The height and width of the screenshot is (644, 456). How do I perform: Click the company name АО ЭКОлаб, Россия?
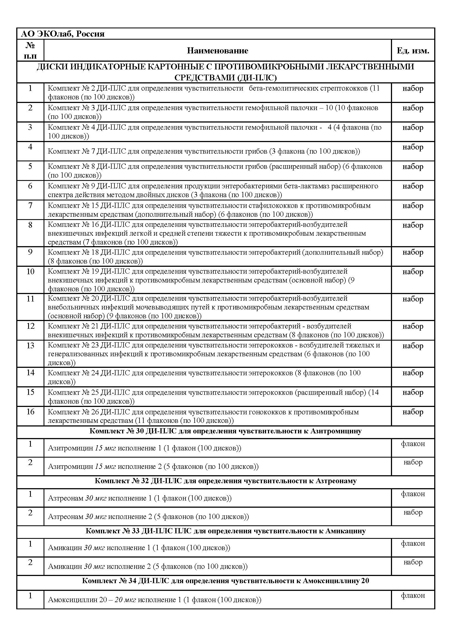[63, 34]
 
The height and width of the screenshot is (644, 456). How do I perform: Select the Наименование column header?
[218, 50]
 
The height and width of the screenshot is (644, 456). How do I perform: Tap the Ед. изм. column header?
[413, 50]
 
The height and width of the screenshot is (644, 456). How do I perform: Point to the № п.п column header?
[30, 50]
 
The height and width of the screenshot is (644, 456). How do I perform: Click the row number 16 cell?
[30, 411]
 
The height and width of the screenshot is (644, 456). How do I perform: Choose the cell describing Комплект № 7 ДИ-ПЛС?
[204, 151]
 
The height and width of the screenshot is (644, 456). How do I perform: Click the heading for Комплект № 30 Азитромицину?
[226, 431]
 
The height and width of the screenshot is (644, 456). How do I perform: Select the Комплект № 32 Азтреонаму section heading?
[226, 481]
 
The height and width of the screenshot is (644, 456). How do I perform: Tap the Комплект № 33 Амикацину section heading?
[226, 531]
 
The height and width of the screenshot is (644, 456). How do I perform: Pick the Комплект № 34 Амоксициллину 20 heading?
[226, 581]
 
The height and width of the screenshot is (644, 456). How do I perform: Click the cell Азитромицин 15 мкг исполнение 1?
[145, 448]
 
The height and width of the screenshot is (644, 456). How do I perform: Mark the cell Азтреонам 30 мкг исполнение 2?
[149, 516]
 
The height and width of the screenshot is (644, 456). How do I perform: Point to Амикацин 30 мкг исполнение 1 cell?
[139, 548]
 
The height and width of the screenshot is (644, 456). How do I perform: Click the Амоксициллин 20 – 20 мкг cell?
[154, 600]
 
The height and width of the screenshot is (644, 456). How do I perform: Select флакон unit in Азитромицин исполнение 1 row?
[413, 444]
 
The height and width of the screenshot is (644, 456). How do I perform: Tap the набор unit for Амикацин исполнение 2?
[413, 562]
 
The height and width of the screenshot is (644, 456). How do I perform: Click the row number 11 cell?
[30, 299]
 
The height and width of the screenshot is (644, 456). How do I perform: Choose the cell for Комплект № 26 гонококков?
[203, 416]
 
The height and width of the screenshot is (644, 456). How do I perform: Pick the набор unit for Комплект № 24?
[413, 373]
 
